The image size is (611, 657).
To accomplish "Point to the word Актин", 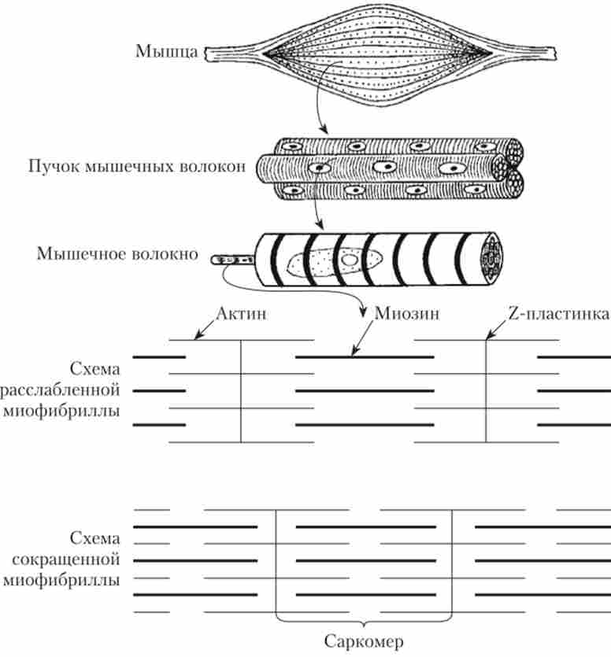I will tap(242, 314).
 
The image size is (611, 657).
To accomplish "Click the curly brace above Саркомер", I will tap(364, 617).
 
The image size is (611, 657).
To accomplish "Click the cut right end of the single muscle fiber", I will tap(494, 257).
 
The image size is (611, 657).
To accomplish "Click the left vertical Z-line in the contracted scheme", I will tap(276, 560).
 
